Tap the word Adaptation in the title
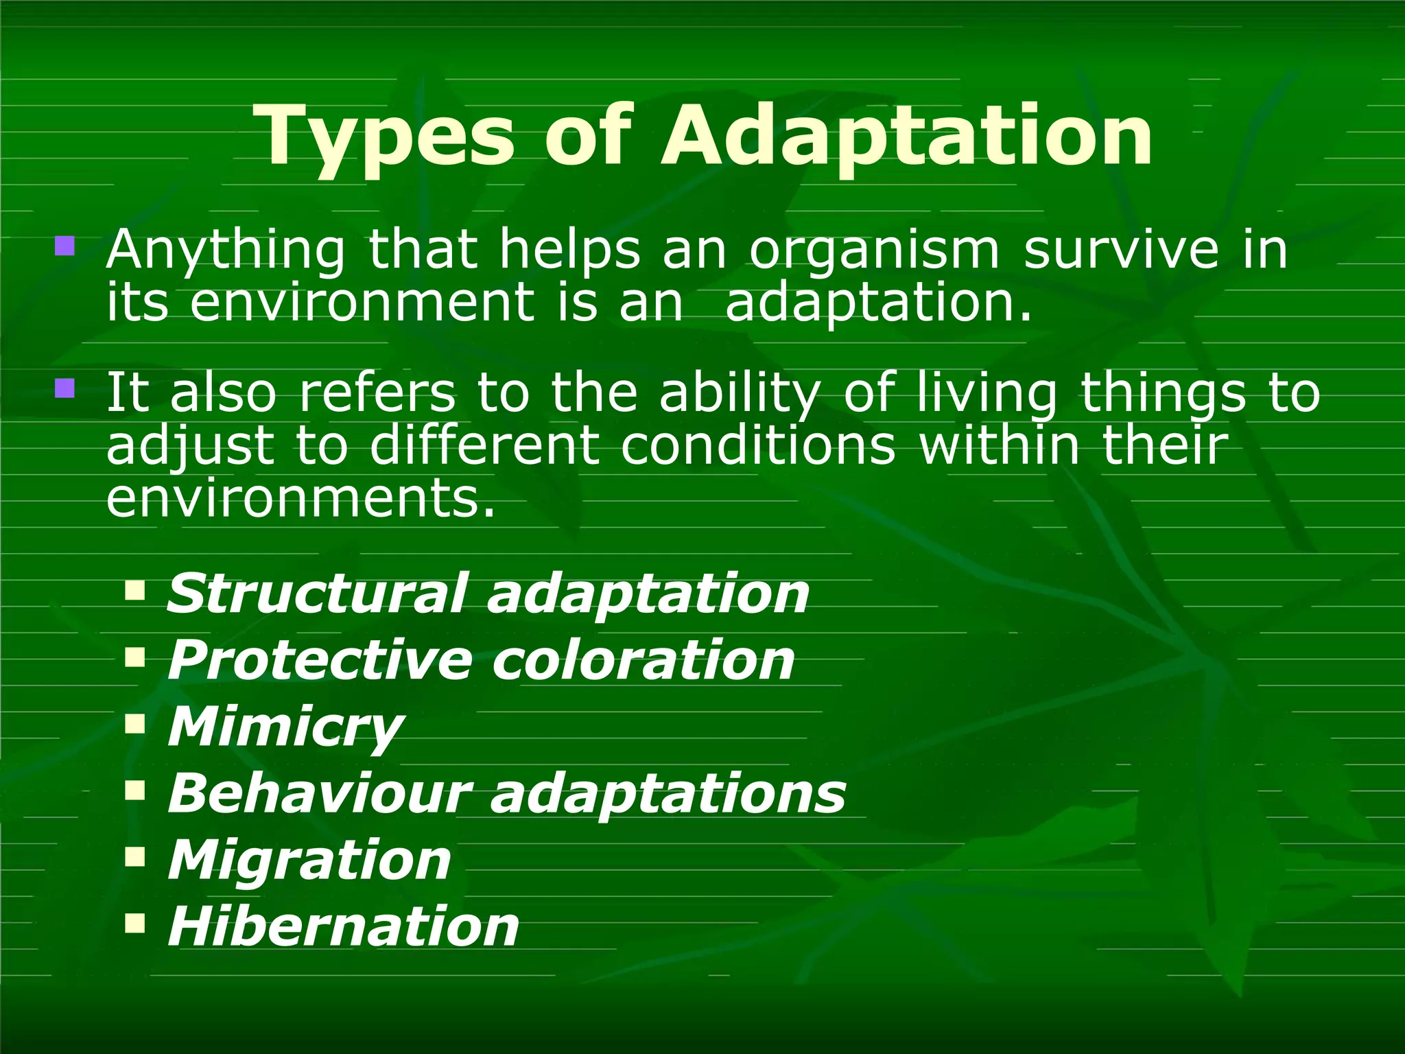tap(906, 137)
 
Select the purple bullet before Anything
tap(64, 246)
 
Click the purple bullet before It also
tap(64, 389)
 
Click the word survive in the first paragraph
tap(1121, 250)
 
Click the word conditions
tap(759, 446)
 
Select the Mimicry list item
tap(285, 727)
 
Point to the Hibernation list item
tap(344, 927)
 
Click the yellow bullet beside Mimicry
tap(135, 723)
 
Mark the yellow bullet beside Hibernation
tap(135, 923)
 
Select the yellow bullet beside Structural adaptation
tap(135, 589)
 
